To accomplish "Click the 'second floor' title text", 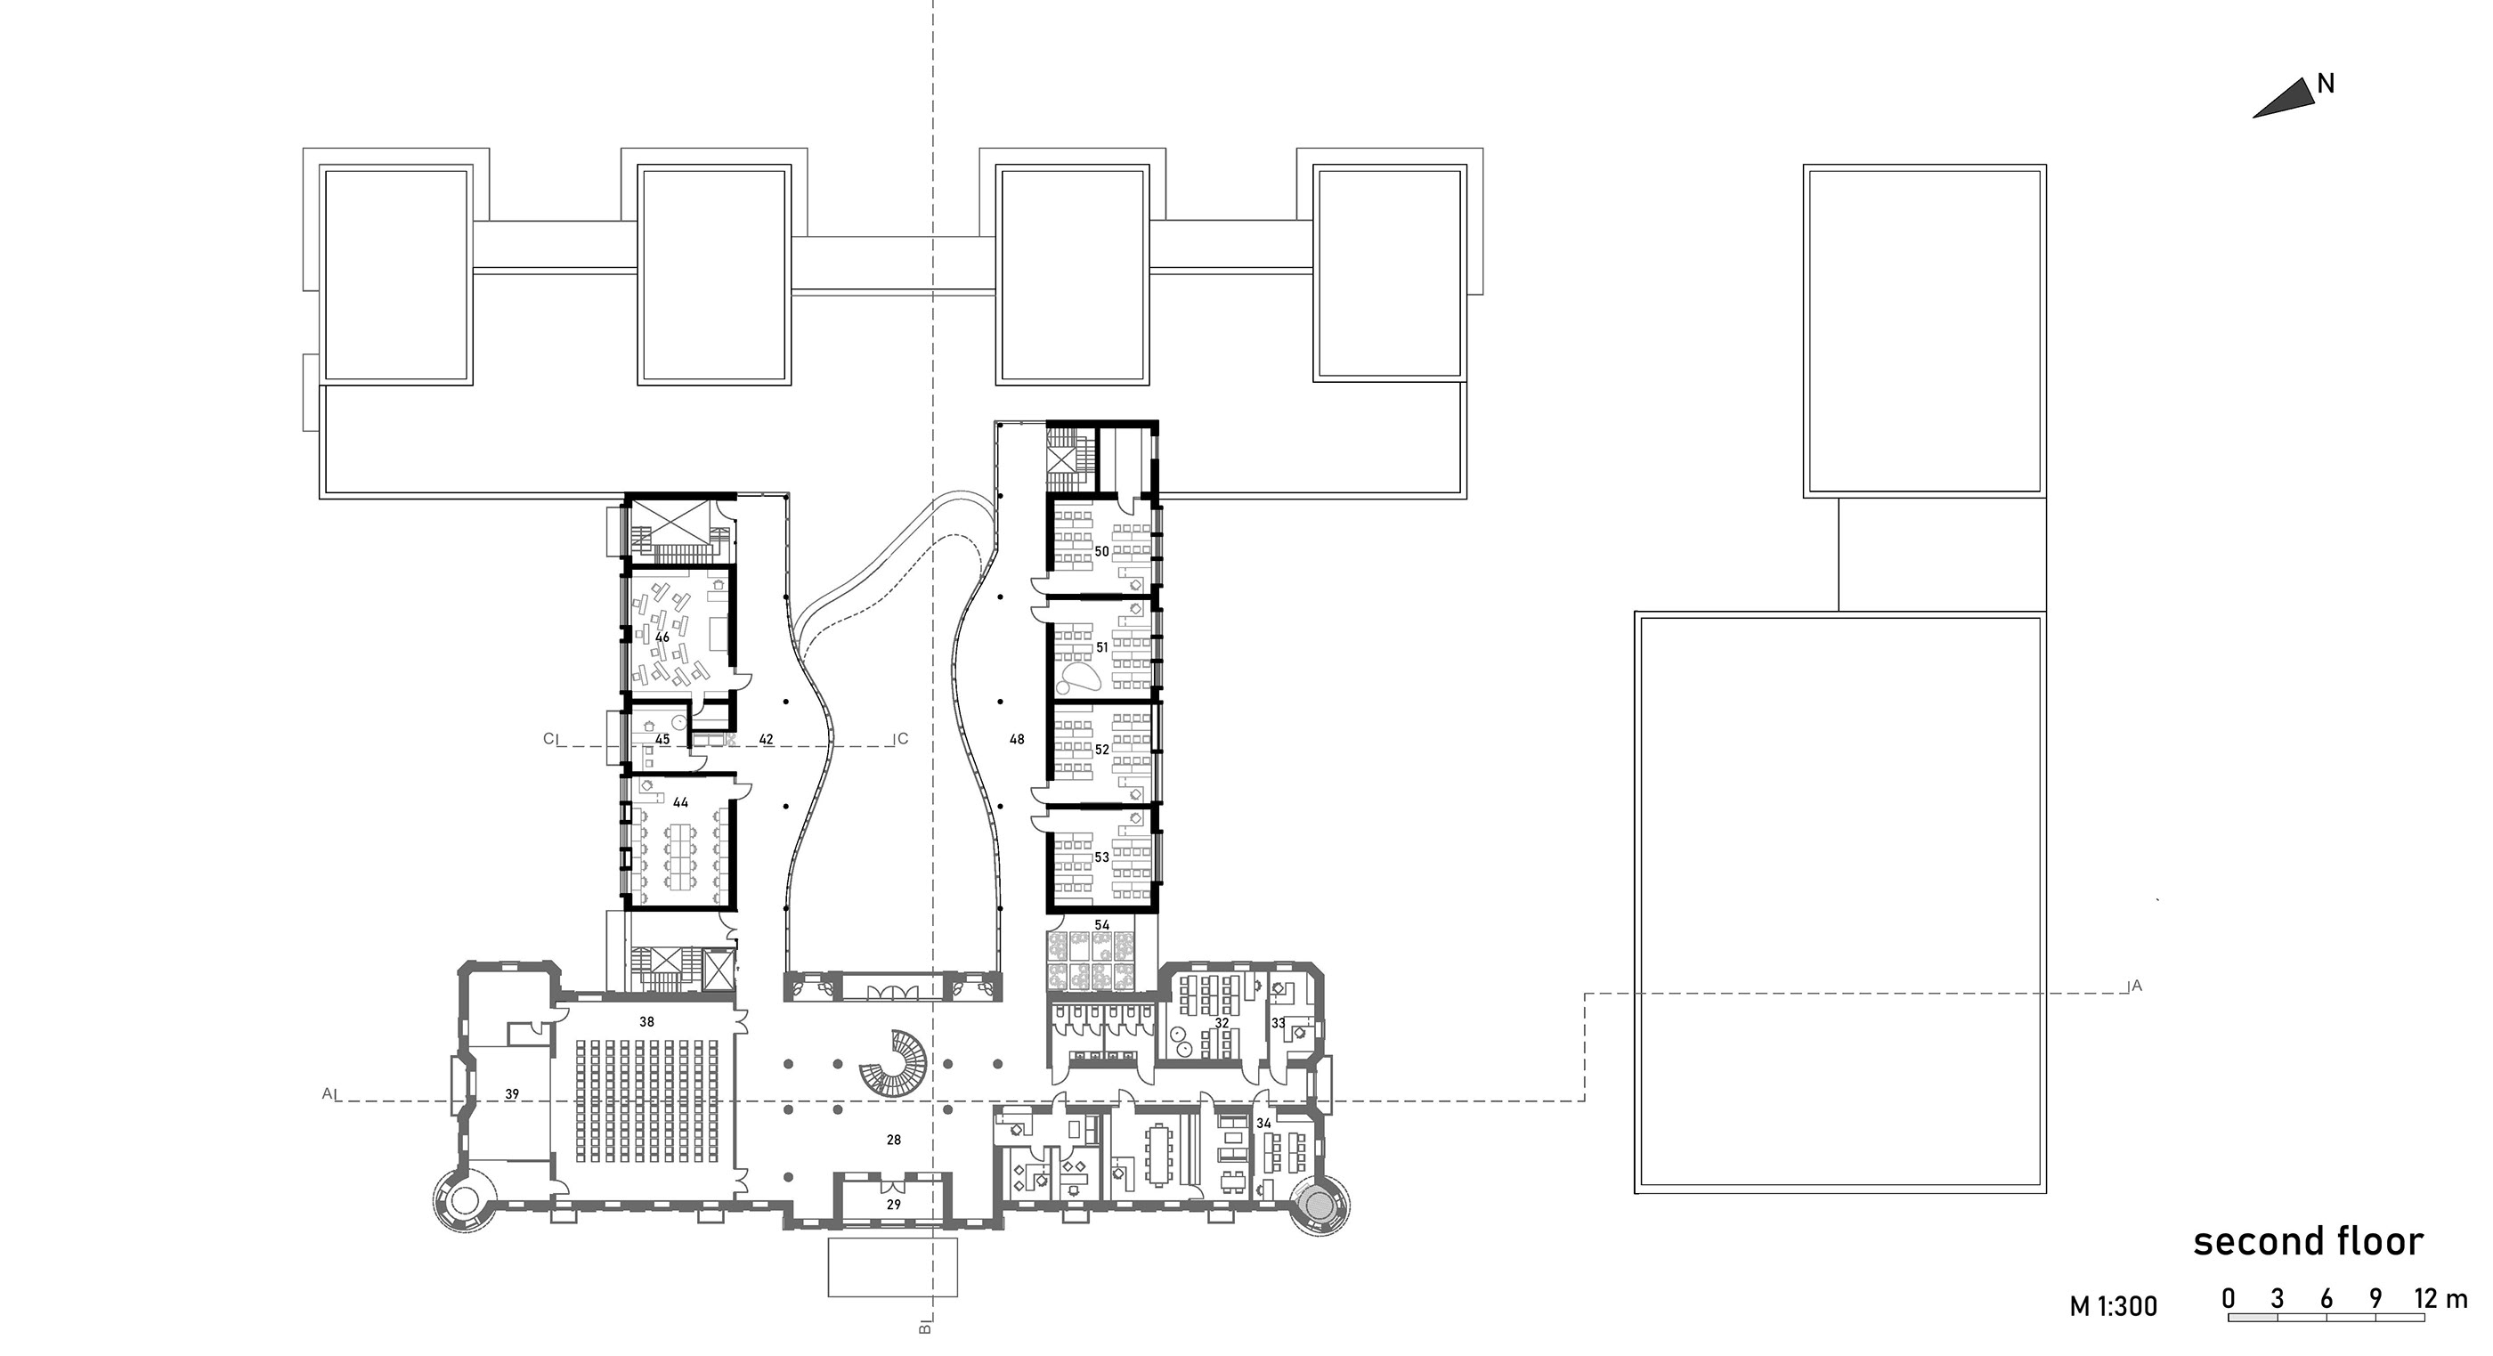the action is click(2308, 1241).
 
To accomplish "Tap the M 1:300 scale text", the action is click(2114, 1307).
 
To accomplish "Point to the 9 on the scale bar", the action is click(2375, 1298).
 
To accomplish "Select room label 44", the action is click(680, 802).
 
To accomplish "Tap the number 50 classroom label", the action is click(1101, 552).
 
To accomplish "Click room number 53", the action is click(1101, 857).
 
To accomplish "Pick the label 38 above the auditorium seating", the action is click(646, 1021).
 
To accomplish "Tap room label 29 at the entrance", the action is click(893, 1205).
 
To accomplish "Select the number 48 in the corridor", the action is click(1016, 740).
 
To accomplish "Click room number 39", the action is click(512, 1094).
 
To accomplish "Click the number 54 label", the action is click(1101, 925).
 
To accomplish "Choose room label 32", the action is click(1222, 1023).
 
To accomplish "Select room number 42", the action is click(766, 740).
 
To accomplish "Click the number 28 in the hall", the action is click(893, 1141).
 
